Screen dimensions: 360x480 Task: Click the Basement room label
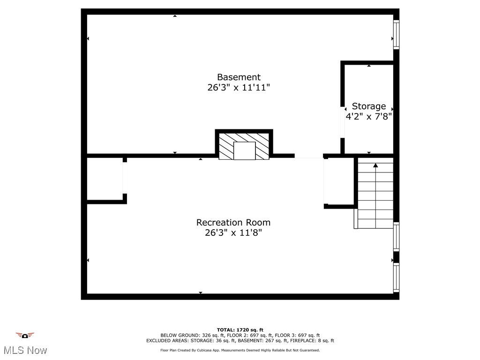[239, 77]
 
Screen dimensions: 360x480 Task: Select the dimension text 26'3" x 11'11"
[239, 88]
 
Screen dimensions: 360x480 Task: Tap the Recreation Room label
[233, 222]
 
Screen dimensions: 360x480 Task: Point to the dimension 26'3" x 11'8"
[233, 232]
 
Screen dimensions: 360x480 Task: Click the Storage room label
[369, 106]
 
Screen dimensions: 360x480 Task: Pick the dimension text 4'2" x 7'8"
[369, 116]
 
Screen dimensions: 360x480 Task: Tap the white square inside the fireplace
[244, 150]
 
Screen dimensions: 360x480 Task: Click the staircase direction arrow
[375, 165]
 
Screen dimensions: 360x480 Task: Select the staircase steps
[375, 197]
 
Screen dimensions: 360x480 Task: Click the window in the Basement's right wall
[396, 35]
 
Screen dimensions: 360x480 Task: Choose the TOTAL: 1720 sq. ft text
[240, 330]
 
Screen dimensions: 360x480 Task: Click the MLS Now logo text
[25, 350]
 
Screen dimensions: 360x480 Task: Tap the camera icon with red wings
[25, 336]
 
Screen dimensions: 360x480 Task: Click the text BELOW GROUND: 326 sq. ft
[186, 336]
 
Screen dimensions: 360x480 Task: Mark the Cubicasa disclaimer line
[240, 350]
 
